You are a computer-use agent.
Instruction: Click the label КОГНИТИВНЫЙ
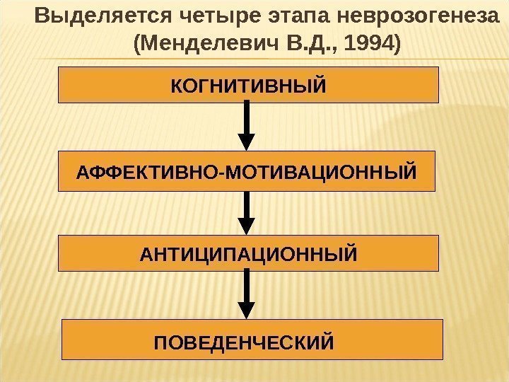[x=248, y=86]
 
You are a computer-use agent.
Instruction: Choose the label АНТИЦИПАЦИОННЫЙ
[x=248, y=253]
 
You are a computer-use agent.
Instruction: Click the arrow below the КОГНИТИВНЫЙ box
[x=247, y=124]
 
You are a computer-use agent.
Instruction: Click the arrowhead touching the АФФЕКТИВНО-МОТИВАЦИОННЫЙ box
[x=247, y=141]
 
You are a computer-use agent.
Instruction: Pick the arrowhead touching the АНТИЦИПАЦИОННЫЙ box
[x=247, y=227]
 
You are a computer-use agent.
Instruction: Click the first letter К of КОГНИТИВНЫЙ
[x=176, y=86]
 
